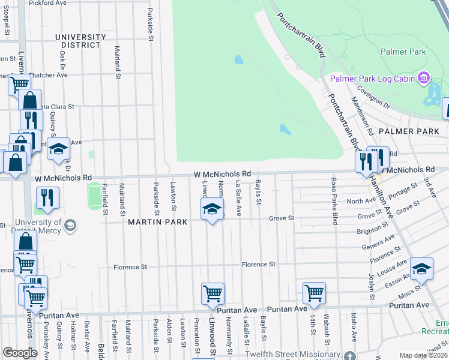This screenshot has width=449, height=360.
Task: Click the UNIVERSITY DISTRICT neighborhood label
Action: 77,41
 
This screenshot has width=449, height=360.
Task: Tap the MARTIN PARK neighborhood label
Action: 158,222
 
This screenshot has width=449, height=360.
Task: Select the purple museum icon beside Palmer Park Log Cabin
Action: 424,77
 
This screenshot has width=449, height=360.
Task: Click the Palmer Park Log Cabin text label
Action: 373,78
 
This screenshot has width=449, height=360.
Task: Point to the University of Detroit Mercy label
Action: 30,229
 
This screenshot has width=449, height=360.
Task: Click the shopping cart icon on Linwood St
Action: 212,293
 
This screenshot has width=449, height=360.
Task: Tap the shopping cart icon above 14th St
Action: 314,293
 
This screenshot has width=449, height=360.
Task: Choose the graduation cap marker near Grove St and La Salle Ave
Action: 212,209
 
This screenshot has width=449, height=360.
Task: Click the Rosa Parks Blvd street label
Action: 332,201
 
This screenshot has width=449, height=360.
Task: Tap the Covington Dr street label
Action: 373,97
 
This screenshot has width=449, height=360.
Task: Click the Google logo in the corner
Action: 20,352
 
